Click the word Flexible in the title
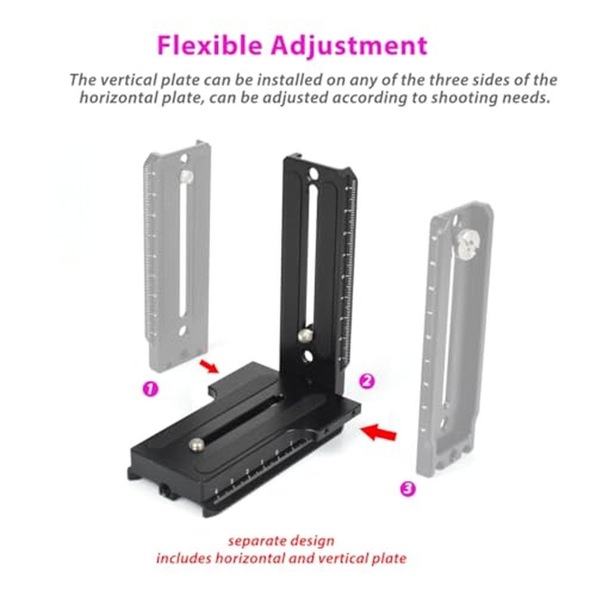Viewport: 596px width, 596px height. pos(210,45)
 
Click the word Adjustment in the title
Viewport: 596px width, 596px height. pos(349,46)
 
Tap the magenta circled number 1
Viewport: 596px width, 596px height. pos(150,389)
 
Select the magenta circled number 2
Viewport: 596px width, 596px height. pos(367,381)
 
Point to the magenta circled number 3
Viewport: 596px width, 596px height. pos(408,488)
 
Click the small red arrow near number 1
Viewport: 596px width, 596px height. pos(209,367)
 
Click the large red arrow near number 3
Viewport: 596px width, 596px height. pos(378,432)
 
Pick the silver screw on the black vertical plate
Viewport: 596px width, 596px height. pos(305,335)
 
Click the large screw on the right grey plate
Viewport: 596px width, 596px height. pos(470,243)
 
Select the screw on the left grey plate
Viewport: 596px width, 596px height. pos(186,176)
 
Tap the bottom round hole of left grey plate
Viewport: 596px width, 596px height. pos(182,331)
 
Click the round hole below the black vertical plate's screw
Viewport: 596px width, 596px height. pos(307,356)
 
